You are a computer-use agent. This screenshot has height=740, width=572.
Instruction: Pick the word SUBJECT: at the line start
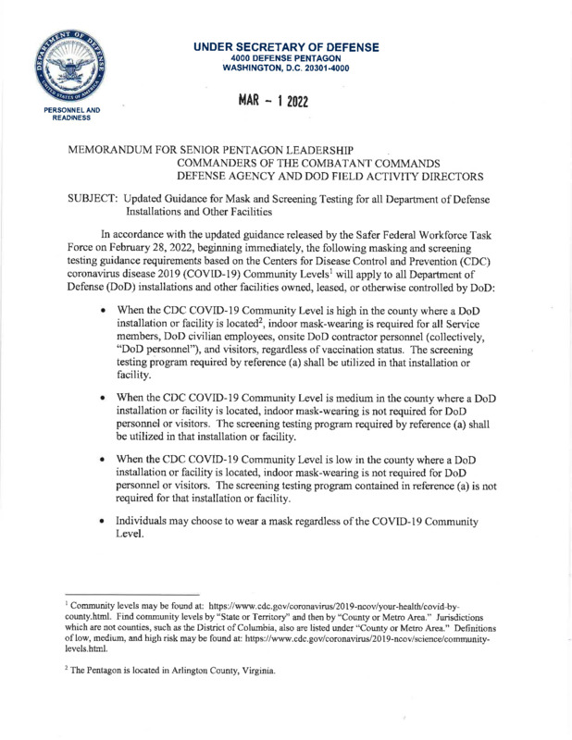(x=88, y=202)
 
